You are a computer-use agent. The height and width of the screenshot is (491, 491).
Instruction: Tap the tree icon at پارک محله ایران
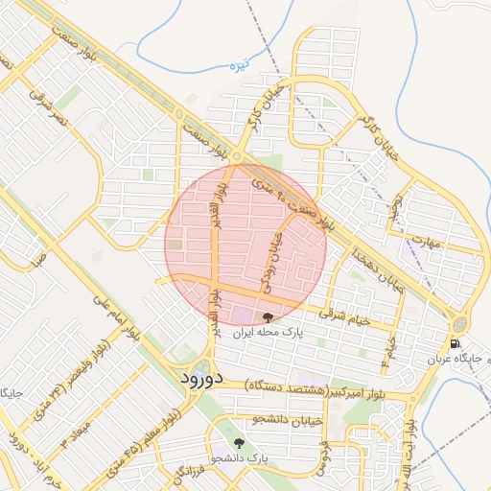[x=267, y=317]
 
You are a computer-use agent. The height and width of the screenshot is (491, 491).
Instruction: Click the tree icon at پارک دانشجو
[x=239, y=444]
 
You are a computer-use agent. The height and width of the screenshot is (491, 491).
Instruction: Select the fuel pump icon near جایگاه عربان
[x=454, y=341]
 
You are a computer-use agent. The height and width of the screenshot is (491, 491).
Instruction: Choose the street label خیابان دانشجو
[x=284, y=419]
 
